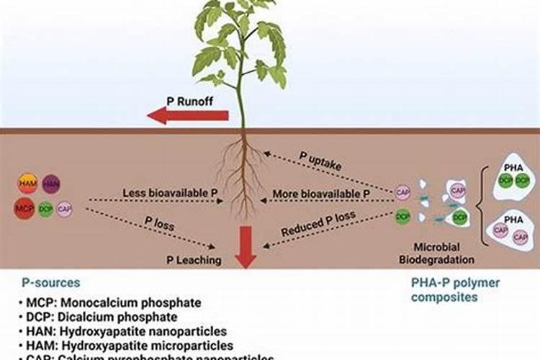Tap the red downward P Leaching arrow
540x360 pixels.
click(246, 246)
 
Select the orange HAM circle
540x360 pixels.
click(27, 184)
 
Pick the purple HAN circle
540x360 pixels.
click(51, 184)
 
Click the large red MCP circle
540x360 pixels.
click(25, 209)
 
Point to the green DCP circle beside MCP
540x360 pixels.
click(46, 209)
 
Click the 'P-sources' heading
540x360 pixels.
click(51, 283)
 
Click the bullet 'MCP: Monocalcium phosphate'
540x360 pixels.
click(107, 303)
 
